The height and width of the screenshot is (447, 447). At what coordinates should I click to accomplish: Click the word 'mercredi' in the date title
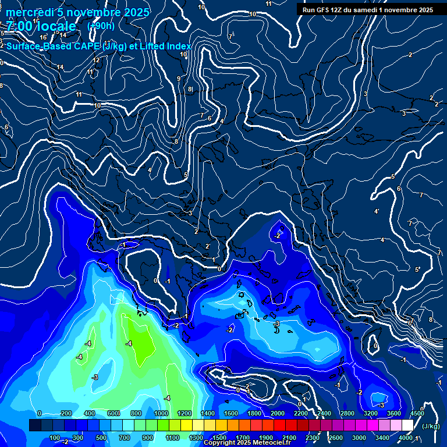pyautogui.click(x=29, y=12)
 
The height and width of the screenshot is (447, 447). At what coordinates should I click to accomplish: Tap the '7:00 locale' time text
pyautogui.click(x=41, y=26)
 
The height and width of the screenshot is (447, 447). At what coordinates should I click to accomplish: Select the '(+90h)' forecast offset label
pyautogui.click(x=101, y=26)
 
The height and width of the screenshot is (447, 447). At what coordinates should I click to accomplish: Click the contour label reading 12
pyautogui.click(x=97, y=60)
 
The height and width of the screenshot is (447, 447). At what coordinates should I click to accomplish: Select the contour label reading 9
pyautogui.click(x=179, y=79)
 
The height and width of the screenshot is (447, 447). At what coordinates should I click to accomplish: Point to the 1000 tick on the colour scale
pyautogui.click(x=161, y=413)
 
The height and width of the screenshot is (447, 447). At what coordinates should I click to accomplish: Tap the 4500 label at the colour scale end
pyautogui.click(x=417, y=413)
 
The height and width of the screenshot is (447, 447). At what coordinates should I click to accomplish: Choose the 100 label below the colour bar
pyautogui.click(x=55, y=438)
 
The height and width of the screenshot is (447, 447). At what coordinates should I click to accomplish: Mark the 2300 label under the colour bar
pyautogui.click(x=313, y=438)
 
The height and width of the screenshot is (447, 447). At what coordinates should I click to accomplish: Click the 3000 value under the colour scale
pyautogui.click(x=359, y=438)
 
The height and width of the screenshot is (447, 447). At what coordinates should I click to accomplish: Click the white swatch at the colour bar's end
pyautogui.click(x=407, y=426)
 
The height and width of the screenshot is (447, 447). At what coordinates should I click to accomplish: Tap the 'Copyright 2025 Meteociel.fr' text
pyautogui.click(x=247, y=443)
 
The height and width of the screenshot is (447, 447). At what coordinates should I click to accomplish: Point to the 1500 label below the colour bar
pyautogui.click(x=219, y=438)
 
